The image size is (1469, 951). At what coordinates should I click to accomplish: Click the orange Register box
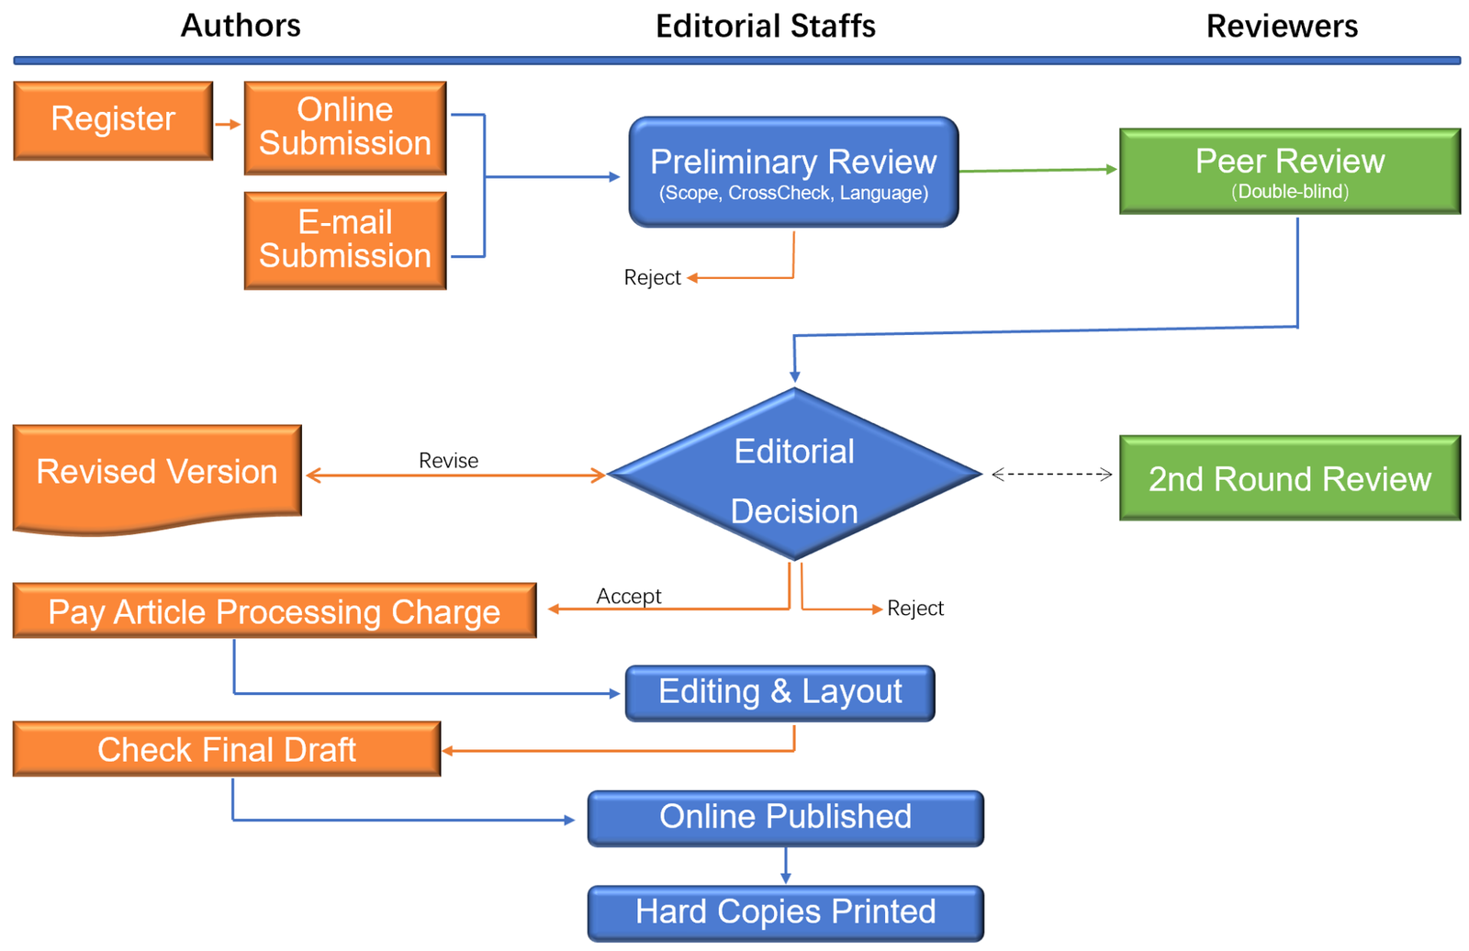(113, 120)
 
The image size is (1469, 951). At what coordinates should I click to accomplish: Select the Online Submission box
(345, 128)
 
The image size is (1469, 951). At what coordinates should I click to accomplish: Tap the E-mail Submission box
(345, 240)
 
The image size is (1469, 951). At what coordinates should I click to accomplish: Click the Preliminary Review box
(793, 172)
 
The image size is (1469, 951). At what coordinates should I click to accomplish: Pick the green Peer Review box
(1289, 171)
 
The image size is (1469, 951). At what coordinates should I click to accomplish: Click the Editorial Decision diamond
(794, 475)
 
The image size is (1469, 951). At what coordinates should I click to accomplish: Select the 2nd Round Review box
(1289, 478)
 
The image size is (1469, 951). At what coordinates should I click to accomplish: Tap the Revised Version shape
(157, 473)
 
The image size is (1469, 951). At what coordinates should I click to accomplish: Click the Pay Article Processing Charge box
(274, 611)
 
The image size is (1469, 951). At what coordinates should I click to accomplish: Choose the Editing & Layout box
(779, 693)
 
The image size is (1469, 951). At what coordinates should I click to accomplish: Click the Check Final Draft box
(226, 749)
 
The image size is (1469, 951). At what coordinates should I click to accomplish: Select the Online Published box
(785, 818)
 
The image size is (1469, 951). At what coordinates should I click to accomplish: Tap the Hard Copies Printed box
(785, 912)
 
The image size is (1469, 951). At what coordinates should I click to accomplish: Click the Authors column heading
(241, 26)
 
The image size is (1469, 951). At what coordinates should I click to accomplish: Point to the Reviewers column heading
(1282, 27)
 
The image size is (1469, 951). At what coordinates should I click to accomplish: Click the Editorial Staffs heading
(765, 27)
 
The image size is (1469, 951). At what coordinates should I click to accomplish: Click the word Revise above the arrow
(448, 461)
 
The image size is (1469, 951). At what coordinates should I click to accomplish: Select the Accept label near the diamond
(628, 597)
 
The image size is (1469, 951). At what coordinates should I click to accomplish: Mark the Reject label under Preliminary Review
(652, 278)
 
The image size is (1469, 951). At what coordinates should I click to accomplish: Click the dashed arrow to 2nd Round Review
(1051, 475)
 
